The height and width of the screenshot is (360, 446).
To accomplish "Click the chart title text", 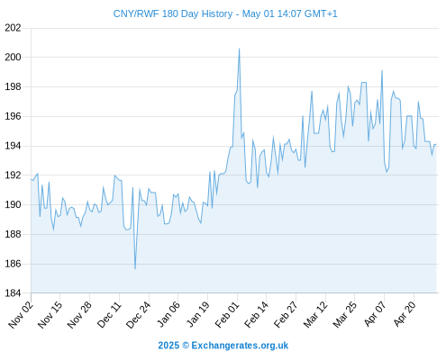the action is [x=225, y=13].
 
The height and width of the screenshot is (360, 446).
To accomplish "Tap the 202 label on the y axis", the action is [x=13, y=28].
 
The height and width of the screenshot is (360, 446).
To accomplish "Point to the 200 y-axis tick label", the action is [x=13, y=57].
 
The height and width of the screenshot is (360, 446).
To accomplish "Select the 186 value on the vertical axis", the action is [x=13, y=264].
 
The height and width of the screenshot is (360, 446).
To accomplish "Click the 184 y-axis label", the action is [x=13, y=293].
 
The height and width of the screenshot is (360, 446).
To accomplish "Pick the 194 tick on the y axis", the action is [x=13, y=146].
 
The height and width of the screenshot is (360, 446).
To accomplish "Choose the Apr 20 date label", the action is [x=405, y=314].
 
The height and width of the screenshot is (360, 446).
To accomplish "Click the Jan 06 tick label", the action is [x=168, y=314].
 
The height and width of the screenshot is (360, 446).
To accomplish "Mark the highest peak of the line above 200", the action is [x=239, y=49].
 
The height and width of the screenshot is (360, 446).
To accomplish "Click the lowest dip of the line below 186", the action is [x=135, y=269].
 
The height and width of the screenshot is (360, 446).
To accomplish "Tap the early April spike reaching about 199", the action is [x=382, y=70].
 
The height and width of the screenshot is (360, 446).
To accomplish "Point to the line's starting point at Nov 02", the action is [x=31, y=179].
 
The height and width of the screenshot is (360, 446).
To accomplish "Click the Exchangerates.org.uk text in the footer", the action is [x=240, y=346].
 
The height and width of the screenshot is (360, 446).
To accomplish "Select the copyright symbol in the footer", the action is [x=186, y=346].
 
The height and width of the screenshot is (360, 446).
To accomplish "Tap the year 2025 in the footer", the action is [x=168, y=346].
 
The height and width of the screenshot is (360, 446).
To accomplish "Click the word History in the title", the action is [x=217, y=13].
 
